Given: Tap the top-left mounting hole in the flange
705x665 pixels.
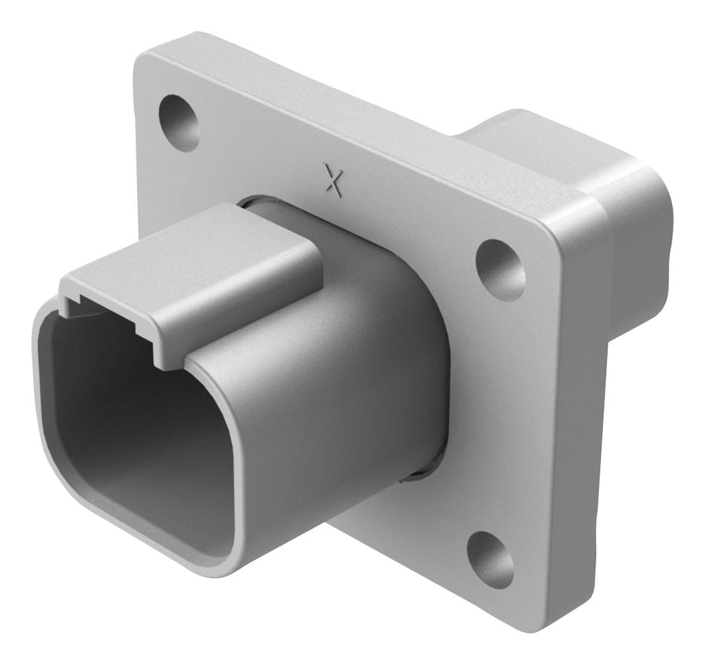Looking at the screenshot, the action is click(180, 120).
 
